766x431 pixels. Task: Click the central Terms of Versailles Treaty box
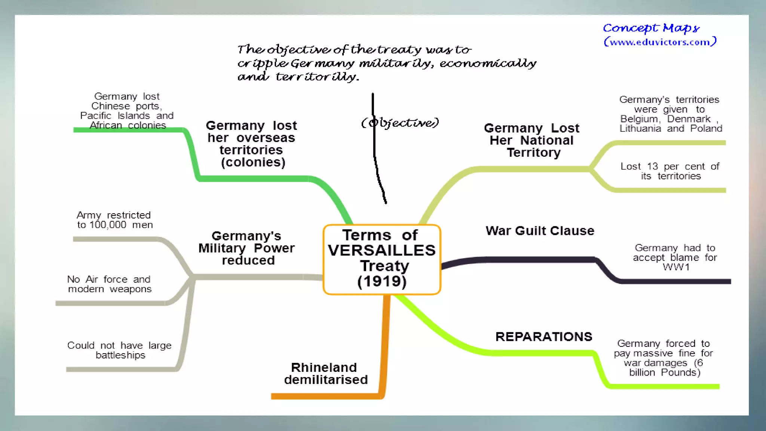[382, 259]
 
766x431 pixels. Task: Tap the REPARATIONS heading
[544, 337]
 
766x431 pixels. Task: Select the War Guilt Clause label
[540, 231]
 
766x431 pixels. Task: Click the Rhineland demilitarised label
[325, 373]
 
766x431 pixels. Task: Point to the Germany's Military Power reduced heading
[247, 248]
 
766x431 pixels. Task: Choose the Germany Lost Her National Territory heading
[532, 140]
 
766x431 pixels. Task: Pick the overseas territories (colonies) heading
[251, 144]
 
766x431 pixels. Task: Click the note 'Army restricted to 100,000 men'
[114, 220]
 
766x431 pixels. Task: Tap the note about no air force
[110, 284]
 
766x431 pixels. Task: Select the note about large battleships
[120, 350]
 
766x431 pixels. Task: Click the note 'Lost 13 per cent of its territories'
[670, 171]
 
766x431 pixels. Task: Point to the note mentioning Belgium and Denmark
[671, 114]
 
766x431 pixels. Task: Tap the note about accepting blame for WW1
[675, 257]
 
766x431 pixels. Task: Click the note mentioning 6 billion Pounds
[664, 358]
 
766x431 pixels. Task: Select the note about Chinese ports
[127, 111]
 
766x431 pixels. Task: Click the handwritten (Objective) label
[400, 123]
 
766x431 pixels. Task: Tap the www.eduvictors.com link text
[660, 42]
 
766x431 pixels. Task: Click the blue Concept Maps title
[651, 28]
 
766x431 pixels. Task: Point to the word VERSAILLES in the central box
[382, 250]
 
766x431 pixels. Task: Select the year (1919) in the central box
[382, 281]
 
